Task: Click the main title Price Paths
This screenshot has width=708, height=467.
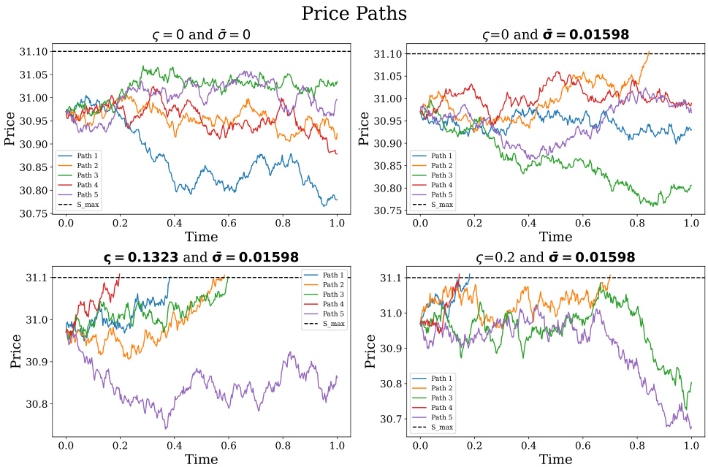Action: point(354,13)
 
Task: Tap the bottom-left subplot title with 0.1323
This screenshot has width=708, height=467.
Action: point(199,257)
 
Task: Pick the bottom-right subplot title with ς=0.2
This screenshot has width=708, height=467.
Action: point(555,257)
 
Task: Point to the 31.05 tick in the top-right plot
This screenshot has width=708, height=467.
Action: point(386,76)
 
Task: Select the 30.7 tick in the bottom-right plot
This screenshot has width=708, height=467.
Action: point(390,419)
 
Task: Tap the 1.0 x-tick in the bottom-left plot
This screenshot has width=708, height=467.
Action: point(337,444)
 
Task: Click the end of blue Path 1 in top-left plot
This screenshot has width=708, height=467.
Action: point(337,199)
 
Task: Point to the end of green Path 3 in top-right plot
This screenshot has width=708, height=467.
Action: point(690,186)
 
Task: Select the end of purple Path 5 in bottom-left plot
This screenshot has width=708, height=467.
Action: point(337,376)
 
